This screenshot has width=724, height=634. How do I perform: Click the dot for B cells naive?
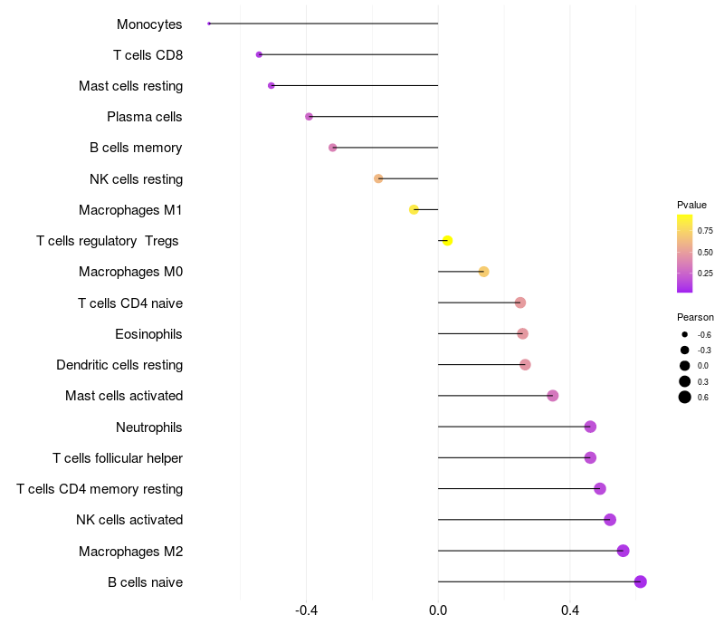(x=641, y=581)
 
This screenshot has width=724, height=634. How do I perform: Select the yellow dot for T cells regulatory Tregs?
(x=447, y=240)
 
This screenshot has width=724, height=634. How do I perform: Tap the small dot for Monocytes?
(x=209, y=24)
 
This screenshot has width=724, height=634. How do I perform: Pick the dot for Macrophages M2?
(x=623, y=551)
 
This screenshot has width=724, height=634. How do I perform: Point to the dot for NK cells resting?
(x=378, y=178)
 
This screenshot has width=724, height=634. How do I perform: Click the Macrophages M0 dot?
(x=483, y=272)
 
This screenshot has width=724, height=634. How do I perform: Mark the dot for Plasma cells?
(x=310, y=117)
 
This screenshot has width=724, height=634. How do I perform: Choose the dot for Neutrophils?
(x=590, y=427)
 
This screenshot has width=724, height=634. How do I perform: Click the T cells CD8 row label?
(x=148, y=55)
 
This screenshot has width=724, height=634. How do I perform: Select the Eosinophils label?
(x=148, y=334)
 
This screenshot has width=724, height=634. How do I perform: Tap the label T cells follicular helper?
(x=118, y=458)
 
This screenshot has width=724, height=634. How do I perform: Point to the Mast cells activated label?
(x=124, y=396)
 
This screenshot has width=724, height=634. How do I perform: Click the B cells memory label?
(x=136, y=148)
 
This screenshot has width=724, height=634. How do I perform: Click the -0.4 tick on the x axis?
(x=306, y=610)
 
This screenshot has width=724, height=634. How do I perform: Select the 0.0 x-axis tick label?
(x=438, y=610)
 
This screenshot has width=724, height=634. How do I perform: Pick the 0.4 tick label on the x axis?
(x=570, y=610)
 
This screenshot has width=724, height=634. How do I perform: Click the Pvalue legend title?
(x=691, y=205)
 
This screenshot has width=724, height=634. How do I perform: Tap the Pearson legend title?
(x=695, y=317)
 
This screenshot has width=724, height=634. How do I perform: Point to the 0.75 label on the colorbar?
(x=705, y=231)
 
